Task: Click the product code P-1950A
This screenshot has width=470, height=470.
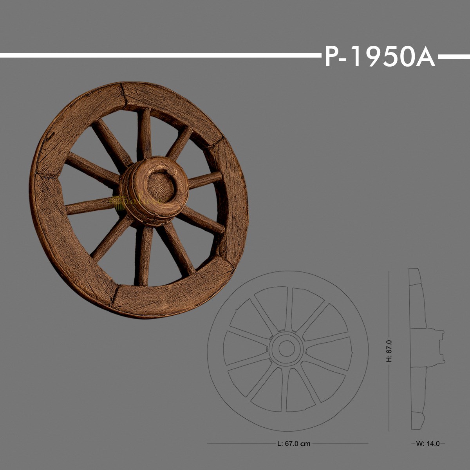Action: tap(379, 57)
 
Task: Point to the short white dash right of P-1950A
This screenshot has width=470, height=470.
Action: tap(454, 56)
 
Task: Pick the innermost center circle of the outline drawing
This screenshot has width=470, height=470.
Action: tap(287, 347)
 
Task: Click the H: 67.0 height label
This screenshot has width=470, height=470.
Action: tap(389, 351)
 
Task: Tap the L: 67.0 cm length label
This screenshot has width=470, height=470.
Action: tap(293, 444)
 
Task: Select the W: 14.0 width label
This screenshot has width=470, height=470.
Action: tap(428, 444)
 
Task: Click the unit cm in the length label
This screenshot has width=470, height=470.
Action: tap(305, 444)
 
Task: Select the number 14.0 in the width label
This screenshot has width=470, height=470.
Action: tap(433, 444)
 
